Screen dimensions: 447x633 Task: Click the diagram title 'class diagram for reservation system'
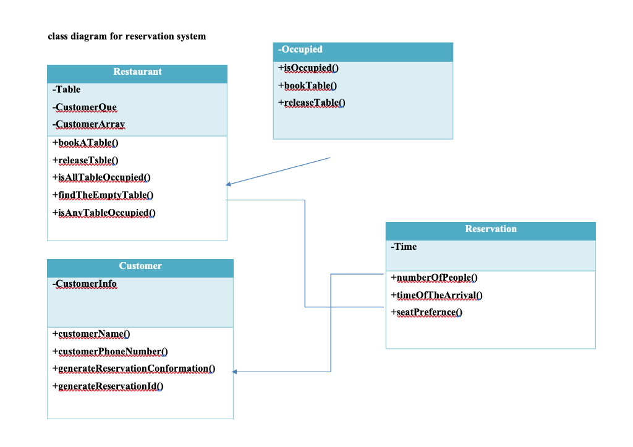click(127, 36)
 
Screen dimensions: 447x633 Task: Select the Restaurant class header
click(137, 72)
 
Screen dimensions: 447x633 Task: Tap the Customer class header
click(140, 266)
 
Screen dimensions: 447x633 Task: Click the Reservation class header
click(490, 229)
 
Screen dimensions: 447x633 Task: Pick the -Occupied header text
click(300, 50)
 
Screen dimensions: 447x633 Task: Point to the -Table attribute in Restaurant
click(67, 90)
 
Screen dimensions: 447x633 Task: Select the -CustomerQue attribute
click(85, 108)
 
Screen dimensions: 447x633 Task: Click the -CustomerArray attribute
click(88, 125)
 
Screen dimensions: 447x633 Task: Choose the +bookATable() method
click(86, 143)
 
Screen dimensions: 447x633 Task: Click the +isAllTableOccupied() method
click(102, 178)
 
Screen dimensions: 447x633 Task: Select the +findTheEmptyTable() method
click(103, 195)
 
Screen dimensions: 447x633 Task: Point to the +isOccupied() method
click(308, 68)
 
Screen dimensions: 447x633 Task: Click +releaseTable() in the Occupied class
click(312, 103)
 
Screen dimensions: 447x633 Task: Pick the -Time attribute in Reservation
click(404, 247)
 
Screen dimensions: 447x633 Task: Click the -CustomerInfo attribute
click(85, 284)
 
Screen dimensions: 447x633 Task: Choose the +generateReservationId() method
click(108, 387)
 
